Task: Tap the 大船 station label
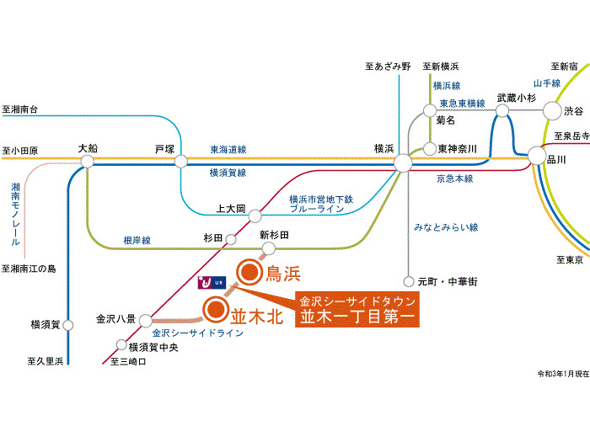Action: (x=88, y=148)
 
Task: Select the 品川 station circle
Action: (x=537, y=155)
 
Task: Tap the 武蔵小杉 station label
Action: (x=516, y=98)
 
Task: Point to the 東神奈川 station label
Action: (x=458, y=149)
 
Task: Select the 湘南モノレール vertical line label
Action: (x=16, y=214)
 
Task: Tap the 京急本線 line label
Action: (x=454, y=178)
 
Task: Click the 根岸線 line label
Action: (x=136, y=240)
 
